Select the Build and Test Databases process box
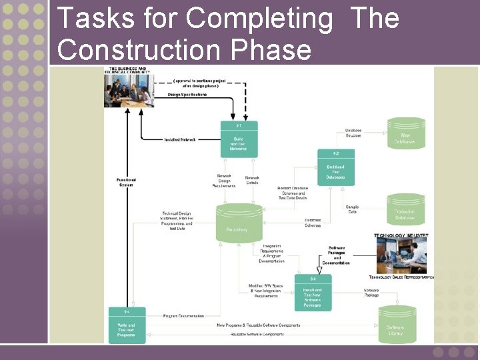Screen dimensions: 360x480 click(335, 168)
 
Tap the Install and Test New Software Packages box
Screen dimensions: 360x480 click(312, 292)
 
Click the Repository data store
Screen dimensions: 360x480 click(237, 223)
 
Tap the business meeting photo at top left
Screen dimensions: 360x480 click(127, 89)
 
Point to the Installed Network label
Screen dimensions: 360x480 click(180, 139)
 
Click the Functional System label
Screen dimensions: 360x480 click(126, 182)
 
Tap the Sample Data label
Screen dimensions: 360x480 click(352, 209)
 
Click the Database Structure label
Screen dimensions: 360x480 click(353, 133)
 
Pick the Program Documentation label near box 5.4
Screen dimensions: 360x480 click(183, 315)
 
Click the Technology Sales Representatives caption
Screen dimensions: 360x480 click(401, 277)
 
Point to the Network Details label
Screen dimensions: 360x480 click(252, 180)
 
